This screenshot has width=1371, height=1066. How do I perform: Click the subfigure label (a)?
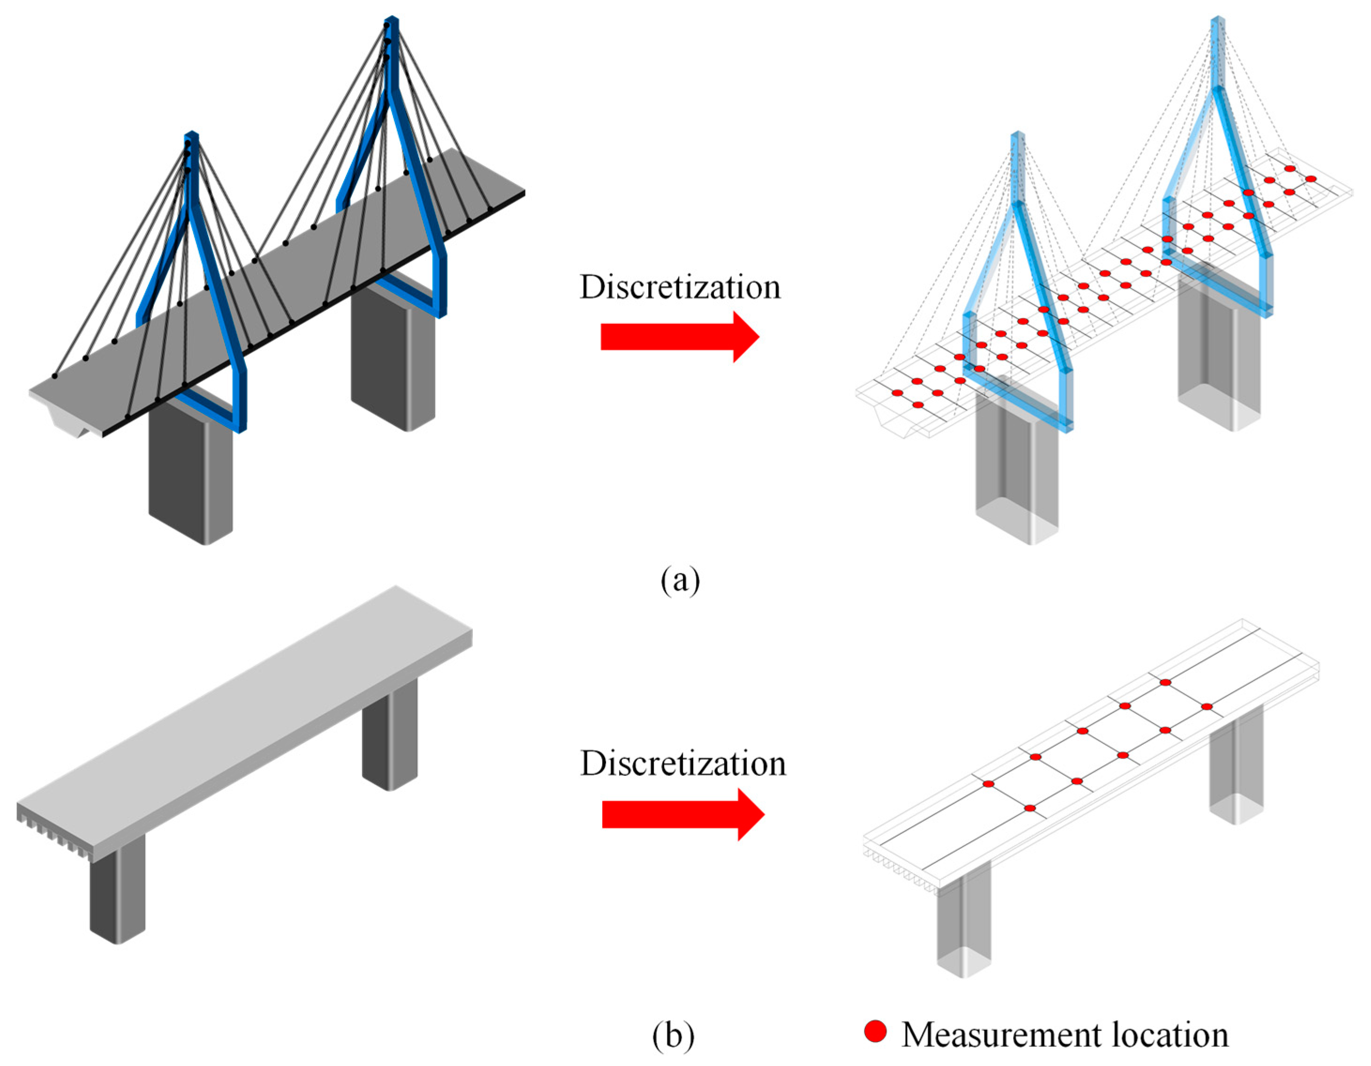pyautogui.click(x=680, y=580)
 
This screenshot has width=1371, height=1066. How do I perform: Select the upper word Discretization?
pyautogui.click(x=680, y=287)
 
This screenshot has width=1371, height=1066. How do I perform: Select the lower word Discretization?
pyautogui.click(x=683, y=764)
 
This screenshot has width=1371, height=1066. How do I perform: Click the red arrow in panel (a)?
pyautogui.click(x=680, y=337)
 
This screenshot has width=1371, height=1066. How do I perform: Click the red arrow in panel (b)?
pyautogui.click(x=683, y=814)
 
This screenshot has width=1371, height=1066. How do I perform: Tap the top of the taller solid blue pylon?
pyautogui.click(x=392, y=22)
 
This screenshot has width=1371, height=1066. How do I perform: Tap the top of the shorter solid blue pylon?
pyautogui.click(x=191, y=135)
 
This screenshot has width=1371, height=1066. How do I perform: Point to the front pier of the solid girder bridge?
pyautogui.click(x=117, y=891)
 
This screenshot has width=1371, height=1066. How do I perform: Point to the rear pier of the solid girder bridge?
pyautogui.click(x=390, y=737)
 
